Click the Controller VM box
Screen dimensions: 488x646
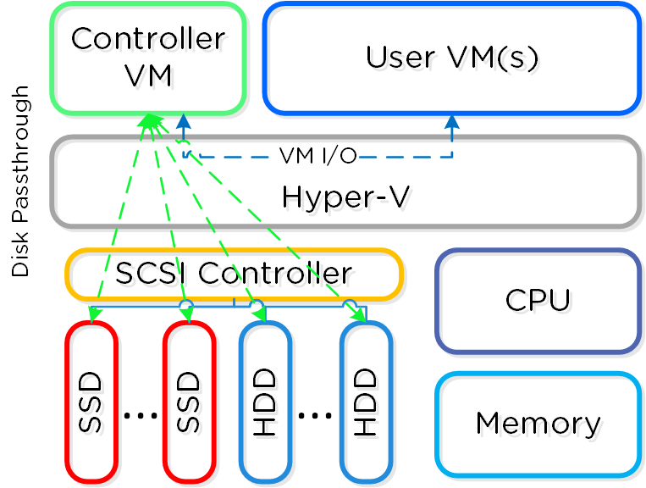(148, 58)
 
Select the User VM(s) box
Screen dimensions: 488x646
(452, 58)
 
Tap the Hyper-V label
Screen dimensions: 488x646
(345, 197)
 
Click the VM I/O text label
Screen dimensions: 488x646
(317, 155)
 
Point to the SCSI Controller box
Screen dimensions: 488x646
(234, 274)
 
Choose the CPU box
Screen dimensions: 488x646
(538, 301)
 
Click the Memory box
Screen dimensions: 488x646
(538, 424)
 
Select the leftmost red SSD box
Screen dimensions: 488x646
(91, 402)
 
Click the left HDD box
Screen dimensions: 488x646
(265, 402)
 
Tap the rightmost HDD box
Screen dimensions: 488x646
(366, 402)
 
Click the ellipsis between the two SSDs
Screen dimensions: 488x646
(141, 415)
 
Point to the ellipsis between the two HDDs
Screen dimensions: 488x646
(315, 415)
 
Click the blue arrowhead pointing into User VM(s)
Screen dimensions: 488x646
(452, 120)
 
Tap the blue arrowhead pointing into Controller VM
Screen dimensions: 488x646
(184, 120)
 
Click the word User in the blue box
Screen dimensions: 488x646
(394, 58)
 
